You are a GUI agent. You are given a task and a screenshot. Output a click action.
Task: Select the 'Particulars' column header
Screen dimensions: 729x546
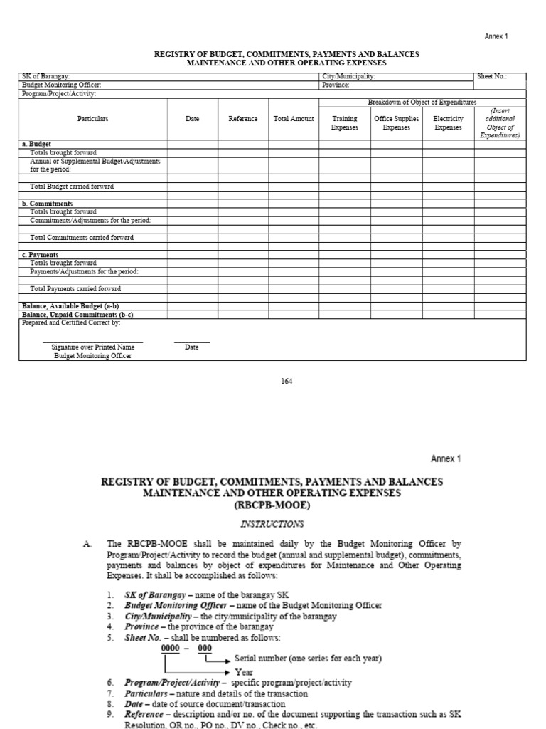click(92, 119)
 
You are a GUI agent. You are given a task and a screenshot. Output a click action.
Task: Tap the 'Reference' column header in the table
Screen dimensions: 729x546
click(243, 119)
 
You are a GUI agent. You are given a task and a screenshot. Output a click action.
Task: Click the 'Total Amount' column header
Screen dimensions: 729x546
click(294, 119)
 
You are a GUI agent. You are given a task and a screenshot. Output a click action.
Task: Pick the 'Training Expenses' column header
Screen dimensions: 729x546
click(345, 123)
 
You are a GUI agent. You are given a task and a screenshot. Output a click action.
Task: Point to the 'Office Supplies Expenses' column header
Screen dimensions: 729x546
click(397, 123)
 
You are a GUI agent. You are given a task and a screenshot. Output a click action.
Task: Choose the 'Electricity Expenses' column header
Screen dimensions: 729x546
click(448, 123)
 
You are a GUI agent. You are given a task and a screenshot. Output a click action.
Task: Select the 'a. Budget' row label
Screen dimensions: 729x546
click(36, 144)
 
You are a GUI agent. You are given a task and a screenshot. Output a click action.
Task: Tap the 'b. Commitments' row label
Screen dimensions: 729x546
click(47, 204)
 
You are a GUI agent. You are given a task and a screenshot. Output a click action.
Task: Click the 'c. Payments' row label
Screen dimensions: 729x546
click(41, 255)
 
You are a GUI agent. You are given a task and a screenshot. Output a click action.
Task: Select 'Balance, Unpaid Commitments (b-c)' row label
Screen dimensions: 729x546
click(77, 315)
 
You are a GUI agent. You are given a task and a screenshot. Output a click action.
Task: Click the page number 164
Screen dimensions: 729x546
click(287, 382)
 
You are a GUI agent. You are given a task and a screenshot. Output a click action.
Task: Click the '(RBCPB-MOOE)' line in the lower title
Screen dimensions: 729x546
click(273, 505)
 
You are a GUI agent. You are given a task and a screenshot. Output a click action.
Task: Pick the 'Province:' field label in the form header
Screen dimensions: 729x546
click(336, 85)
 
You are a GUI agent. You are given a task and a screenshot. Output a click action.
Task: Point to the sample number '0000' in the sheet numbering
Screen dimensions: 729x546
click(171, 649)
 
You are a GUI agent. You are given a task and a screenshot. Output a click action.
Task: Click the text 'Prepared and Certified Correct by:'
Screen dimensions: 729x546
click(71, 322)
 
